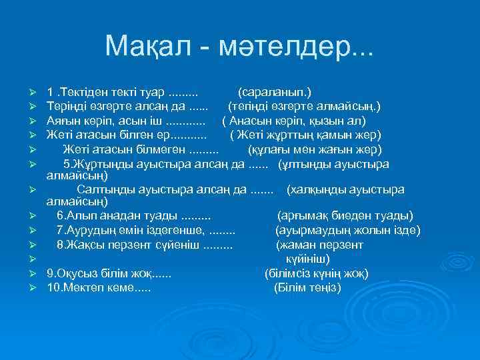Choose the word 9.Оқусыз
click(x=70, y=273)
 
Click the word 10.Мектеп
click(x=74, y=288)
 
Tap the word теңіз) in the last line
click(x=321, y=288)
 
